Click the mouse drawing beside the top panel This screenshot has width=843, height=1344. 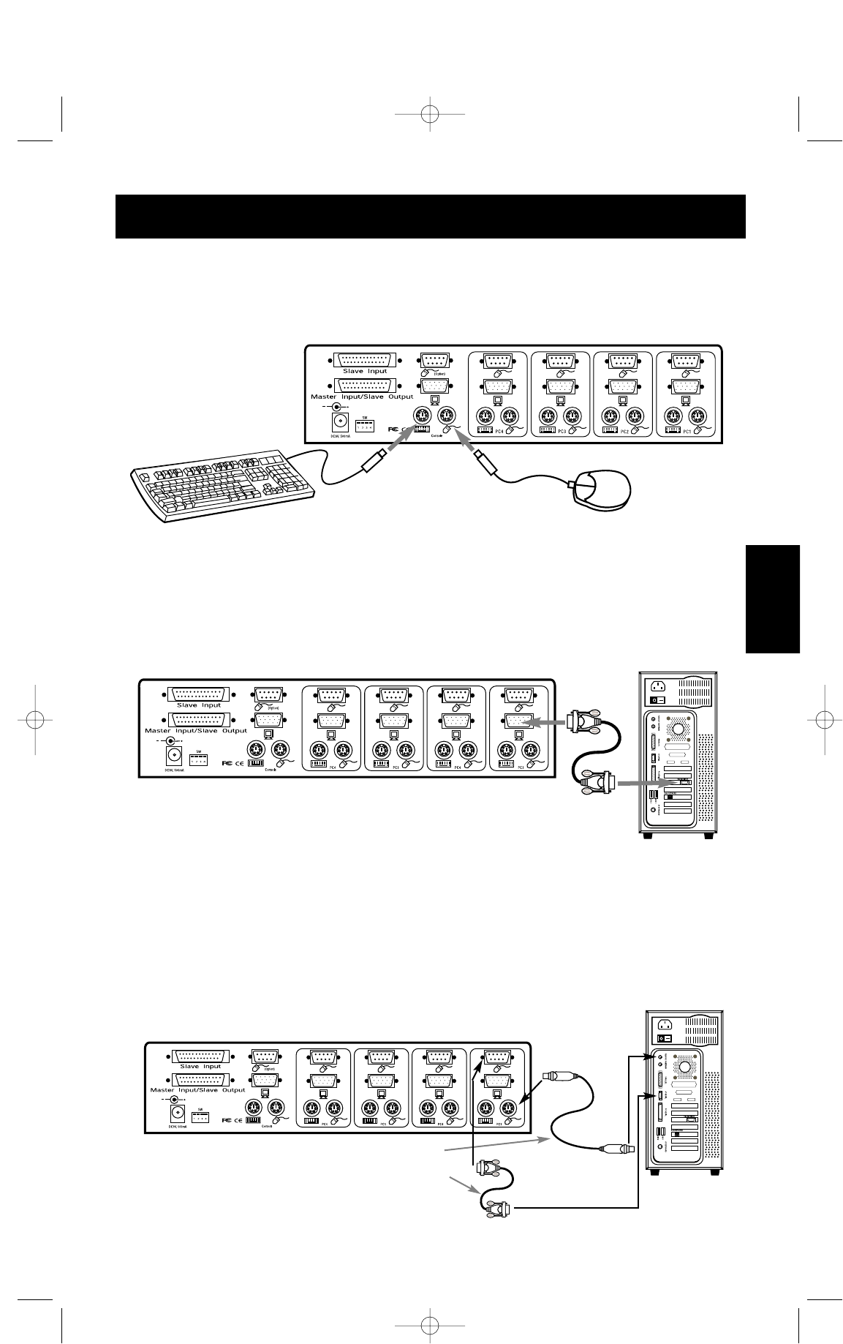[x=601, y=489]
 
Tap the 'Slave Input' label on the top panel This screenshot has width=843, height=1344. [x=365, y=372]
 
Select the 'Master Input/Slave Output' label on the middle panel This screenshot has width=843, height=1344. [x=196, y=730]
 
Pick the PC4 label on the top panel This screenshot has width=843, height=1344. [x=499, y=431]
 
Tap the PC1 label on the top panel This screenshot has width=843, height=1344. [x=685, y=431]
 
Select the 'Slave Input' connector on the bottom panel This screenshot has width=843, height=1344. [x=200, y=1056]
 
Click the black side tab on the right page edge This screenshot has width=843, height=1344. [x=773, y=599]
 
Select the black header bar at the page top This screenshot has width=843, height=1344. [x=430, y=217]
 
